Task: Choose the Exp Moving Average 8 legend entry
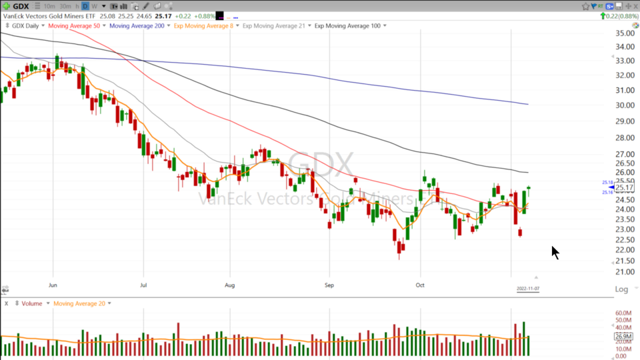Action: click(209, 26)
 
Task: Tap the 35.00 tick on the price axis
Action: click(625, 33)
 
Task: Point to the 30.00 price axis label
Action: click(625, 105)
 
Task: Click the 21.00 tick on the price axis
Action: click(625, 272)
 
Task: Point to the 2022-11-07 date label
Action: click(527, 289)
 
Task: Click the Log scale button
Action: click(621, 289)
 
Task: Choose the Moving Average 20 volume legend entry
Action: click(79, 303)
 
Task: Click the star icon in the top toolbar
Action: click(585, 6)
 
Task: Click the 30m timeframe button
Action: click(65, 6)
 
